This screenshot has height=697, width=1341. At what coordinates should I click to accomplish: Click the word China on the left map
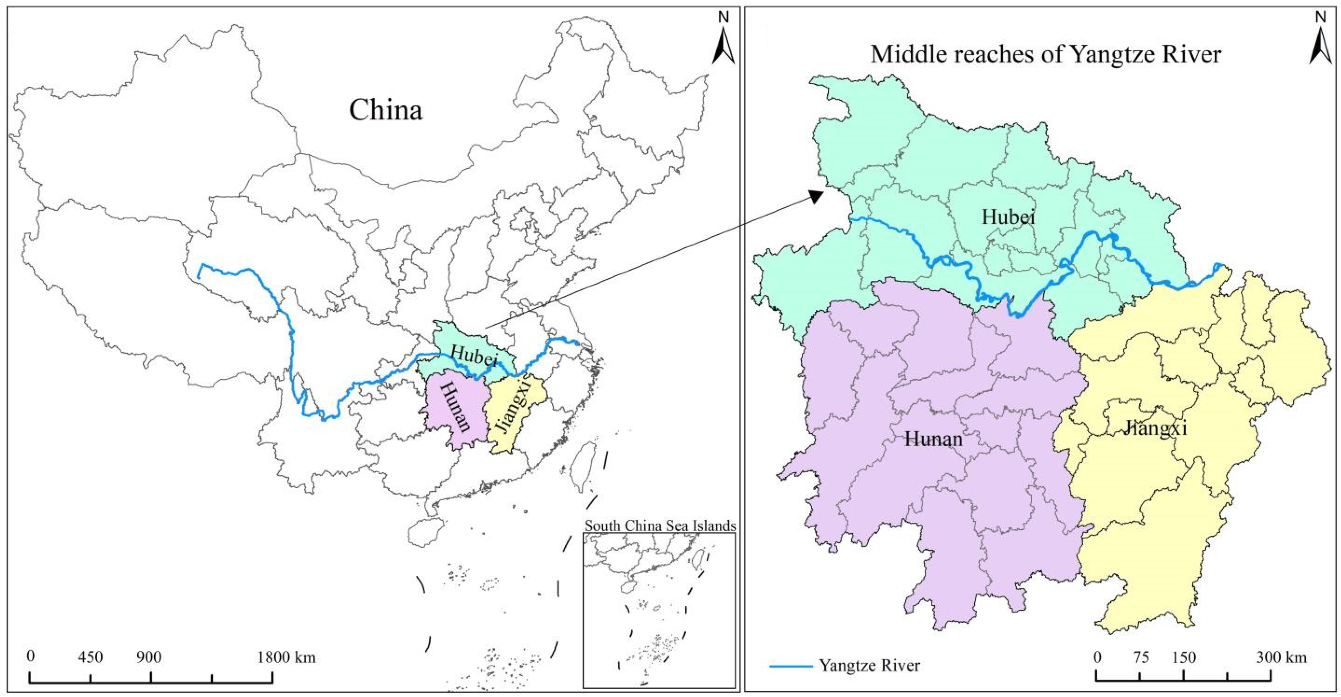point(385,110)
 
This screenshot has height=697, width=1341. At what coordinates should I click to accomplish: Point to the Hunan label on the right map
point(933,439)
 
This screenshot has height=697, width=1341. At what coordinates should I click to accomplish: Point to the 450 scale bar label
point(91,658)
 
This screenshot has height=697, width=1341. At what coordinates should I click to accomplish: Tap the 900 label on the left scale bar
point(149,658)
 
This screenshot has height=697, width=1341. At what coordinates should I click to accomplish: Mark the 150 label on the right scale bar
point(1184,658)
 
